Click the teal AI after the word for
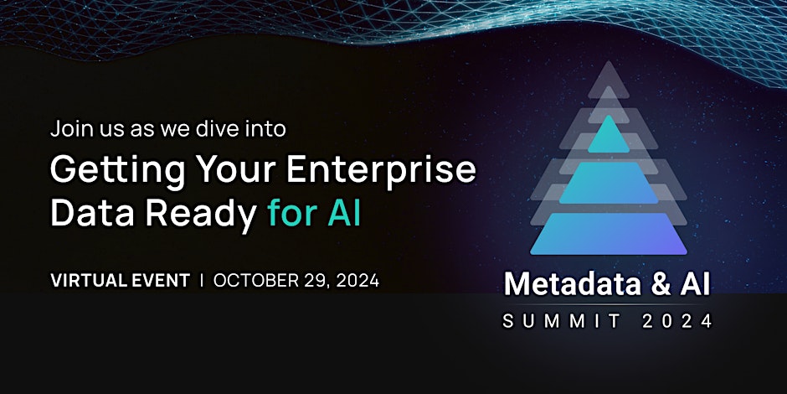click(x=344, y=212)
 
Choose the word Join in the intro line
click(x=67, y=130)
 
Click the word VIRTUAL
click(x=86, y=281)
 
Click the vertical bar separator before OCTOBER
click(x=201, y=281)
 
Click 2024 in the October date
click(x=357, y=281)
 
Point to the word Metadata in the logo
click(x=573, y=285)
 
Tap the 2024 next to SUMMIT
click(x=677, y=321)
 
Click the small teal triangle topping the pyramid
click(x=609, y=137)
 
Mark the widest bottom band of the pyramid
click(x=609, y=234)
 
